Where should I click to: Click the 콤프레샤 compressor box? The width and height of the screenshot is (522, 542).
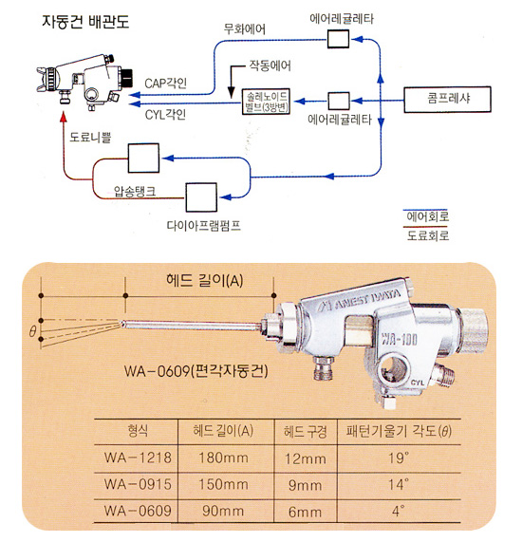click(x=447, y=100)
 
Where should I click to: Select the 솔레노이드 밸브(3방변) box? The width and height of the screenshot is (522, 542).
click(x=266, y=102)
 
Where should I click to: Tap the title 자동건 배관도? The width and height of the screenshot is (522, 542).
click(x=85, y=22)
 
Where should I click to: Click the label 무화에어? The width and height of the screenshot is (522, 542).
click(x=245, y=29)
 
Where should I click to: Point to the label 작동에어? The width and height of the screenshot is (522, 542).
click(x=270, y=65)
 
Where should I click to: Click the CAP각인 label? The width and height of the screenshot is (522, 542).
click(x=165, y=84)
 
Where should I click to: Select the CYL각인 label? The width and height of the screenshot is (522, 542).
click(x=165, y=115)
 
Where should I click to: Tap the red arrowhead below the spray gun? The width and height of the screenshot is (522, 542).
click(x=63, y=117)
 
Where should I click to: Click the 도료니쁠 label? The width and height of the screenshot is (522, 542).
click(x=90, y=138)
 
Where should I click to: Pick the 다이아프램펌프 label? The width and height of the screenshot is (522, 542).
click(x=204, y=226)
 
